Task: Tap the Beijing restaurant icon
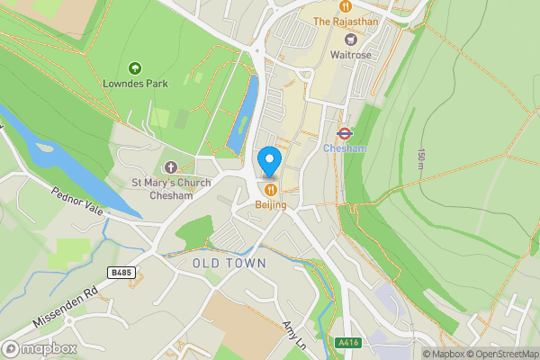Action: click(x=270, y=189)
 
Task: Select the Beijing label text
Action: click(x=270, y=205)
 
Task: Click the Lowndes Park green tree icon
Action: click(x=135, y=67)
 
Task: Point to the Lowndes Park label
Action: click(x=135, y=84)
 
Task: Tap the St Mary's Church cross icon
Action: click(x=171, y=167)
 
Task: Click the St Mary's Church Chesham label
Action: click(x=171, y=189)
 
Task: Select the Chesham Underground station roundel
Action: click(x=343, y=132)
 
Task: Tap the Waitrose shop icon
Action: click(x=352, y=39)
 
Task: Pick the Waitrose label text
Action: click(x=352, y=55)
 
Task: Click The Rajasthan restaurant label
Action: click(x=345, y=21)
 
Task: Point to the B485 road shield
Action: click(x=120, y=271)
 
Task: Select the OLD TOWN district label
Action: click(x=229, y=263)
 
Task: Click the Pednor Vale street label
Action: click(x=76, y=204)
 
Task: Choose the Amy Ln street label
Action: click(x=294, y=337)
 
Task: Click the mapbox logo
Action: click(x=40, y=348)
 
